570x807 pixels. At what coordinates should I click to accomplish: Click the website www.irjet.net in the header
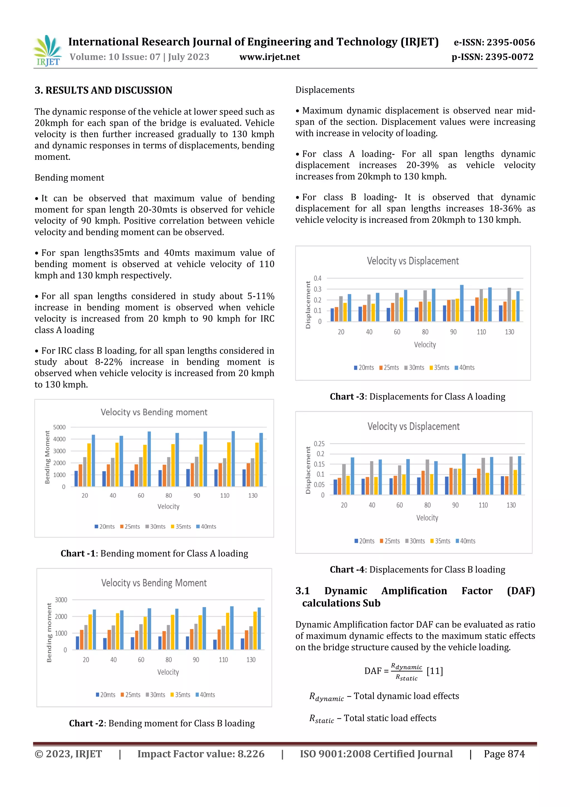[269, 57]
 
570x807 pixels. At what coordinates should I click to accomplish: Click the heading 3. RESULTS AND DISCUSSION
[103, 90]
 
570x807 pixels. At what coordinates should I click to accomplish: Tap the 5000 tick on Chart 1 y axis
[59, 427]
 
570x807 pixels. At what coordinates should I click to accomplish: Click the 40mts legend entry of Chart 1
[206, 526]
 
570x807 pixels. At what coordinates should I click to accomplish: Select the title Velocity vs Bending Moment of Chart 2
[154, 583]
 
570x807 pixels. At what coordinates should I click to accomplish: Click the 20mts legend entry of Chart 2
[105, 694]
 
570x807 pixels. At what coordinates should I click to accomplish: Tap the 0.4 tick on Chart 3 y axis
[318, 278]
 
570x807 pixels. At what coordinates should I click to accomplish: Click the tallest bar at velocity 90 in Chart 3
[461, 303]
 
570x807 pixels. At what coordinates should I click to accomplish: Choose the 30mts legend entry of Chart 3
[414, 368]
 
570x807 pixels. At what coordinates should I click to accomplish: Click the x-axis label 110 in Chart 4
[483, 505]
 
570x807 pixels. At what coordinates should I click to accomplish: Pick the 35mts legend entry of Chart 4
[440, 541]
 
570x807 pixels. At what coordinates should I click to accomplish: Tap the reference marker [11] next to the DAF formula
[434, 671]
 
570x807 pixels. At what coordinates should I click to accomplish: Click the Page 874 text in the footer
[504, 754]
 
